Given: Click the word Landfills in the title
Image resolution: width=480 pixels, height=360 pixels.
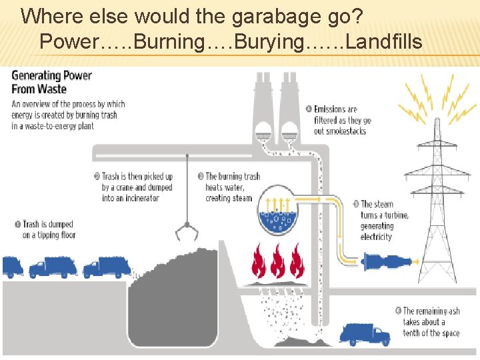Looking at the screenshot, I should coord(384,42).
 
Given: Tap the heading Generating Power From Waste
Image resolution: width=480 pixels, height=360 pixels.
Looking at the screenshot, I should coord(51,81).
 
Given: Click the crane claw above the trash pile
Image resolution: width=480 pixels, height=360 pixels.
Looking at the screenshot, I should coord(186,231).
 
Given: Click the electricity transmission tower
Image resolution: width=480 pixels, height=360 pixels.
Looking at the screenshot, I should coord(437,200).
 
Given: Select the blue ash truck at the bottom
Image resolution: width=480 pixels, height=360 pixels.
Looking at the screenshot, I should coord(365,333).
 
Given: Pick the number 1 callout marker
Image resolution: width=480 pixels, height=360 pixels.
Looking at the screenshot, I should coord(17,225).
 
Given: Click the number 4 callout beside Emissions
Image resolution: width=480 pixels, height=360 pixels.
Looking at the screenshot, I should coord(309,109).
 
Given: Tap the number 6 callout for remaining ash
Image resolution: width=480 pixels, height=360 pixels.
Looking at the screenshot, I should coord(398,311).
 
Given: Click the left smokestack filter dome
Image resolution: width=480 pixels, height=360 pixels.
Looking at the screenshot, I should coord(263,129).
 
